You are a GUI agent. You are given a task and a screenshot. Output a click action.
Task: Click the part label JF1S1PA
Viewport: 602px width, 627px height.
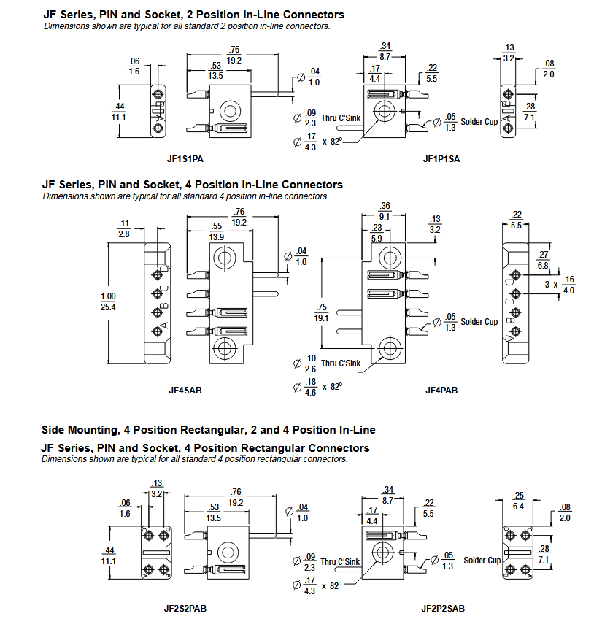pos(185,158)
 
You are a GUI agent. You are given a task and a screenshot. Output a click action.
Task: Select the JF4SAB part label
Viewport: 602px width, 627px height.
pos(185,390)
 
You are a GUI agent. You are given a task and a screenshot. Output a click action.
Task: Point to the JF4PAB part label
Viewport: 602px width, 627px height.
pos(441,390)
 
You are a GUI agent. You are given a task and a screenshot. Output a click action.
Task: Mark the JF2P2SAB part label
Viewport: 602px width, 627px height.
pos(443,607)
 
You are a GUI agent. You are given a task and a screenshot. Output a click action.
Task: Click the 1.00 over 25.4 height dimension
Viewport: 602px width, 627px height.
pos(109,301)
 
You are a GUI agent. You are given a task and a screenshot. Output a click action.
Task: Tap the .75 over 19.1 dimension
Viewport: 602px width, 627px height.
pos(321,312)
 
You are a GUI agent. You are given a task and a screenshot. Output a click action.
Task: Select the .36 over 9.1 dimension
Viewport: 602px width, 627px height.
pos(385,210)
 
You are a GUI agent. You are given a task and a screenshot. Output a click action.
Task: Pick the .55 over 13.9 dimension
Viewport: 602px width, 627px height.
pos(216,233)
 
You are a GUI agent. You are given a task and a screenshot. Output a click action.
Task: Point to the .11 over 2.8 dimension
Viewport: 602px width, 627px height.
pos(123,228)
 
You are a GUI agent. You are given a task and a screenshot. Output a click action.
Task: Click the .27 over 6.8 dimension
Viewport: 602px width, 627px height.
pos(543,260)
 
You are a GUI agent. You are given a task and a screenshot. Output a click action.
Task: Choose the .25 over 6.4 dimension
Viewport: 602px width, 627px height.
pos(519,501)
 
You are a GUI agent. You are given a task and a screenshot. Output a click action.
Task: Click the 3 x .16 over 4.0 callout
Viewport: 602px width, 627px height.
pos(560,284)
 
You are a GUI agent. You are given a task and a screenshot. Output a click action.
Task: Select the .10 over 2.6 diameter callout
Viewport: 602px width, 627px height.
pos(309,363)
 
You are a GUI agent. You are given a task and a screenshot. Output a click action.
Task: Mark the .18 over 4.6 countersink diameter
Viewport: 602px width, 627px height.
pos(309,386)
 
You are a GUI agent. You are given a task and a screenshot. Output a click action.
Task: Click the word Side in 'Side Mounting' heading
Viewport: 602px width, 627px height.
pos(54,430)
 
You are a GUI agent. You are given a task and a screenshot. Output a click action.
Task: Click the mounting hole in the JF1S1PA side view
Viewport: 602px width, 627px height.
pos(231,111)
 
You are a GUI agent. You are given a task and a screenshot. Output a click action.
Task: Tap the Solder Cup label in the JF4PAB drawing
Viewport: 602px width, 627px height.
pos(479,322)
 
